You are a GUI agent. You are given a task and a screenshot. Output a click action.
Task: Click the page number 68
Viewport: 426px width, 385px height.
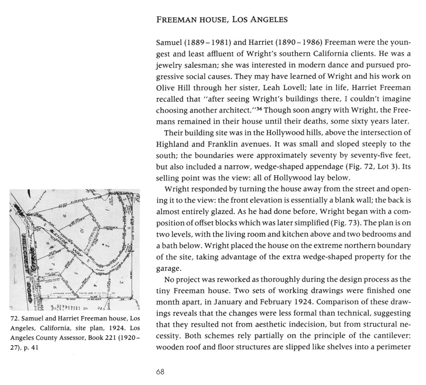(x=160, y=371)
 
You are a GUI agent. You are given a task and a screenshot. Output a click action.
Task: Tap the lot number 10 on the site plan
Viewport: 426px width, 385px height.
(x=82, y=231)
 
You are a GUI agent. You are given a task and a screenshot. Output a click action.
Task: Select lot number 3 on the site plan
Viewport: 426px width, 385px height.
(x=122, y=282)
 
